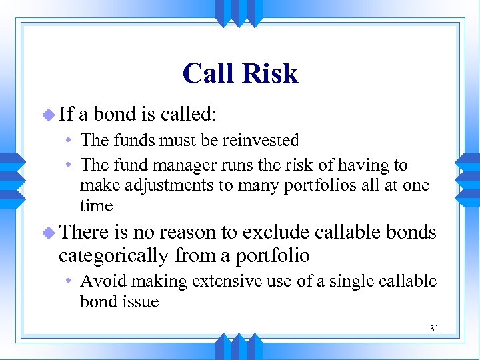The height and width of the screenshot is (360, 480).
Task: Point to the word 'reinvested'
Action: point(265,141)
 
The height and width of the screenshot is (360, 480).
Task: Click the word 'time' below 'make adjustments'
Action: point(96,206)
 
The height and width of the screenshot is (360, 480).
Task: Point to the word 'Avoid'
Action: point(100,281)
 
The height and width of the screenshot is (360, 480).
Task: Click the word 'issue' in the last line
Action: point(140,302)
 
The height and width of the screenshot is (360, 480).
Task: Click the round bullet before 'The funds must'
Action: point(69,141)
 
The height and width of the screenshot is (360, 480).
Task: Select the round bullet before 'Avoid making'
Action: point(69,282)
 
